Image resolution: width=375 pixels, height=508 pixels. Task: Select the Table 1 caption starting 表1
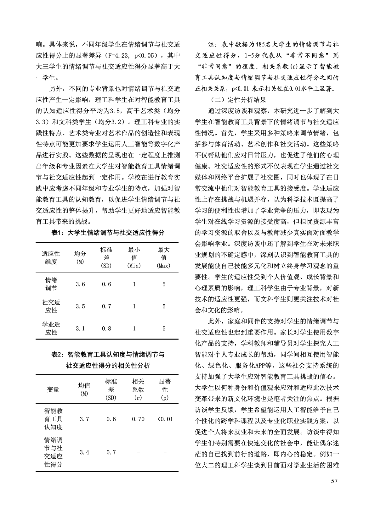(108, 233)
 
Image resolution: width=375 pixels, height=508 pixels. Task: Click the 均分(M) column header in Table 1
(80, 257)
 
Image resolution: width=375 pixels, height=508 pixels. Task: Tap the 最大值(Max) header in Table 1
(163, 257)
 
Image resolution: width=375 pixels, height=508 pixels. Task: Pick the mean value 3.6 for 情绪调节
(80, 284)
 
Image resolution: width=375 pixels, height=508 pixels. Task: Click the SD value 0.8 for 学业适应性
(106, 329)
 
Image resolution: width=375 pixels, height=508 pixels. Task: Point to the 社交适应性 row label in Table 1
(51, 306)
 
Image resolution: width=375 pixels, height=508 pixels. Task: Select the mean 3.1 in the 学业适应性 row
(80, 329)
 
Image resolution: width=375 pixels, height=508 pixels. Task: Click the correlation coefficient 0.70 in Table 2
(138, 419)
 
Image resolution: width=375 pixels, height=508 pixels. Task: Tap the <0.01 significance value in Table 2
(165, 419)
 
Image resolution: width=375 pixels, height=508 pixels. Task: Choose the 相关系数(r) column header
(138, 389)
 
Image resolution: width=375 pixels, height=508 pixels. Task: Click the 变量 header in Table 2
(53, 389)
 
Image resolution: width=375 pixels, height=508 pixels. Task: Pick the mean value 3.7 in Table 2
(84, 419)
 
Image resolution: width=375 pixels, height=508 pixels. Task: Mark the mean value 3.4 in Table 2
(84, 452)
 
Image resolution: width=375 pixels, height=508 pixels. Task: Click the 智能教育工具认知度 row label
(53, 419)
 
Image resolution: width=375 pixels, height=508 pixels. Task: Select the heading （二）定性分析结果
(238, 100)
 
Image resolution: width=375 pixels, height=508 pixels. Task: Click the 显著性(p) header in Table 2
(165, 389)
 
